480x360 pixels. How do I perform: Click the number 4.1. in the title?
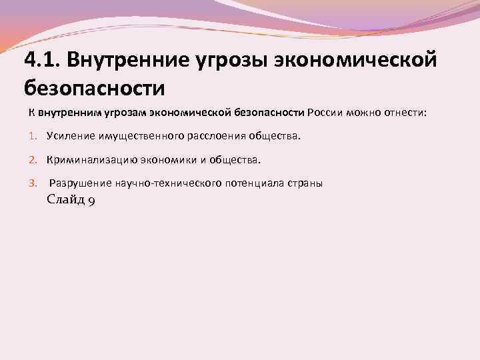pos(43,61)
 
